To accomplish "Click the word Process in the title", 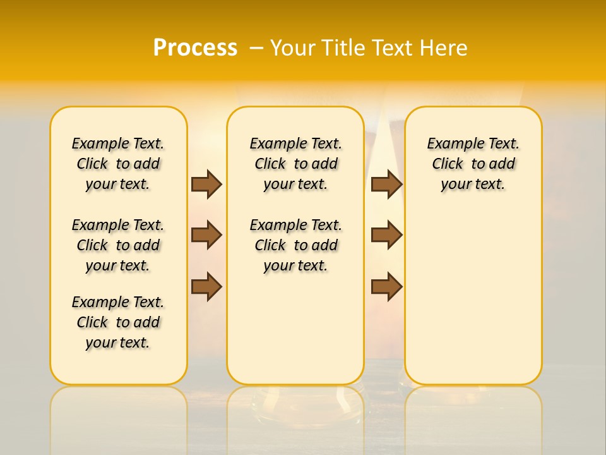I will (x=195, y=48).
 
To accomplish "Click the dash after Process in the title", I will (x=256, y=48).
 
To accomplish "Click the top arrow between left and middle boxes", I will (x=206, y=184).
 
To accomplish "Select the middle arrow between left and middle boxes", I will (x=206, y=235).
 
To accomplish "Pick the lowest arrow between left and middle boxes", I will (x=206, y=286).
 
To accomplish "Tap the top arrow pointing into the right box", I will (x=386, y=184).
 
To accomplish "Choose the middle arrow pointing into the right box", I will (x=386, y=235).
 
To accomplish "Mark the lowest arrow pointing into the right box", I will (x=386, y=286).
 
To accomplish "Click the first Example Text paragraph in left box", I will (x=118, y=164).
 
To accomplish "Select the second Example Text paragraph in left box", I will (x=118, y=245).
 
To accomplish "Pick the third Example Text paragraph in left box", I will (x=118, y=322).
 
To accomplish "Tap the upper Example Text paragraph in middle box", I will (x=295, y=164).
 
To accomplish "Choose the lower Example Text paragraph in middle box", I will (x=295, y=245).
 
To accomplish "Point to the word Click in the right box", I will (x=448, y=164).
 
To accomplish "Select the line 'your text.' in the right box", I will (x=473, y=185).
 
